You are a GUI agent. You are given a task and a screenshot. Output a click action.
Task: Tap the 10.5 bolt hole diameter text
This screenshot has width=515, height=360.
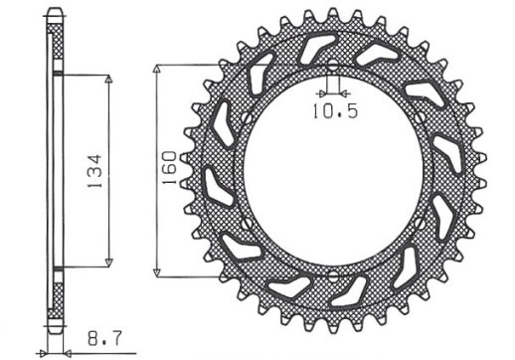[334, 111]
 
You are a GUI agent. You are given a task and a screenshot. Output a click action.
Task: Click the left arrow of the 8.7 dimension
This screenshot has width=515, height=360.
[44, 351]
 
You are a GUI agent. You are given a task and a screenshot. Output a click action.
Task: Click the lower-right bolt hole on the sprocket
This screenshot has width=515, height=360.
[417, 224]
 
